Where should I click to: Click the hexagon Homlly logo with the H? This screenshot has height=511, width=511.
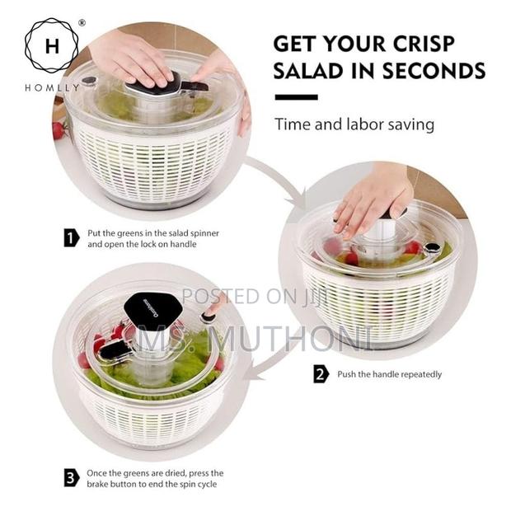coord(50,45)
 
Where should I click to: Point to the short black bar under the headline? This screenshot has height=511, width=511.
coord(295,97)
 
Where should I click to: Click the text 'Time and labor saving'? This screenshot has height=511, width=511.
coord(354,125)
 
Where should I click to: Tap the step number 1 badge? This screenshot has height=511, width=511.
coord(71,238)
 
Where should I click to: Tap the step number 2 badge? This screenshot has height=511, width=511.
coord(321,374)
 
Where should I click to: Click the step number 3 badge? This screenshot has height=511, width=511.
coord(71,477)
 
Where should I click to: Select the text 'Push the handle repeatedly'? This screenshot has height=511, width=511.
coord(389,374)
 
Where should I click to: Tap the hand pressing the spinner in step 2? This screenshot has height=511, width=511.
coord(372,199)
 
